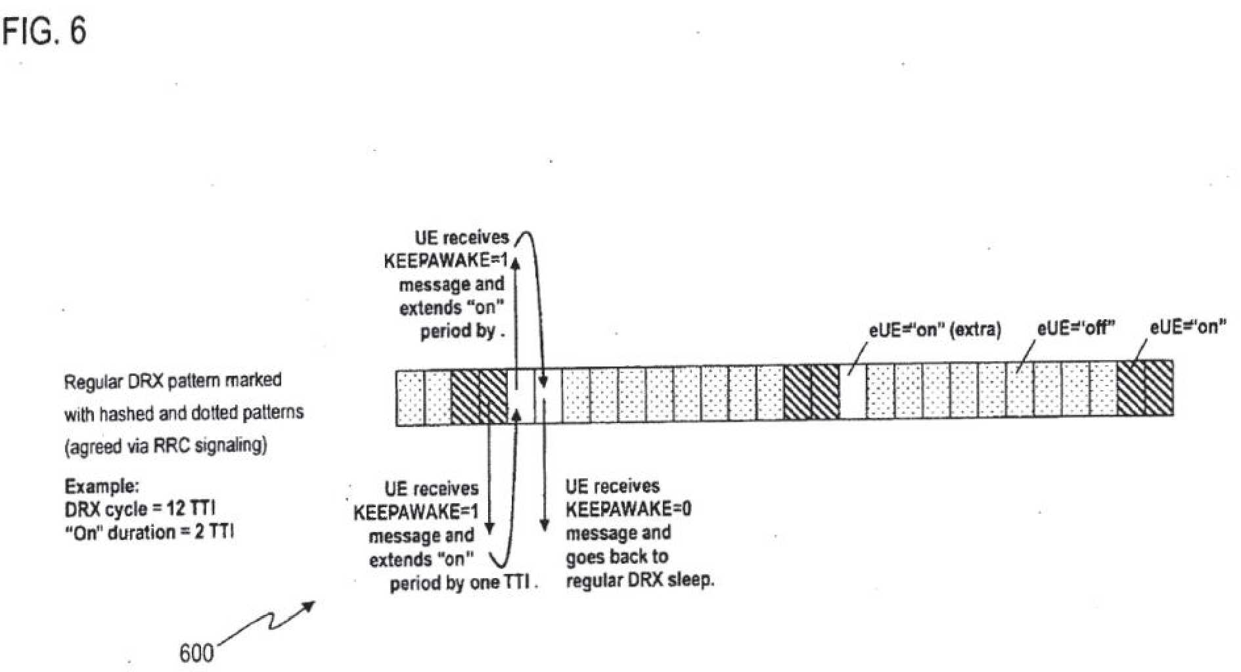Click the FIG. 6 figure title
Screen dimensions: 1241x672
coord(45,31)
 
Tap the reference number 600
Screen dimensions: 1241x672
coord(196,653)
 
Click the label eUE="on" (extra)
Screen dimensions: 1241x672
coord(935,329)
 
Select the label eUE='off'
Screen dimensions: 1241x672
coord(1076,327)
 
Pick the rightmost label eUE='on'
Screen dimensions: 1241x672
coord(1188,326)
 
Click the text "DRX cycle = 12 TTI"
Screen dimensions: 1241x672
coord(140,508)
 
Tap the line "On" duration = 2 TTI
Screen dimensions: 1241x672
coord(148,531)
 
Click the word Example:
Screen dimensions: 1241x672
coord(102,486)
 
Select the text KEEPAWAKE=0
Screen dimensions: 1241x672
coord(628,509)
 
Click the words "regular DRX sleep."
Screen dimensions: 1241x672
coord(640,581)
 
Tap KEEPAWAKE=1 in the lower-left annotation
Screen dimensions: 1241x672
coord(416,512)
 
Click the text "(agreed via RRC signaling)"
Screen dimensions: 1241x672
coord(166,445)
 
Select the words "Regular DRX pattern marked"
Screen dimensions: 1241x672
coord(173,381)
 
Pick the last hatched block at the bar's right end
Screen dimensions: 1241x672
coord(1159,388)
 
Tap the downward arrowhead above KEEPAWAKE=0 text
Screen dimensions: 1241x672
coord(544,525)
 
